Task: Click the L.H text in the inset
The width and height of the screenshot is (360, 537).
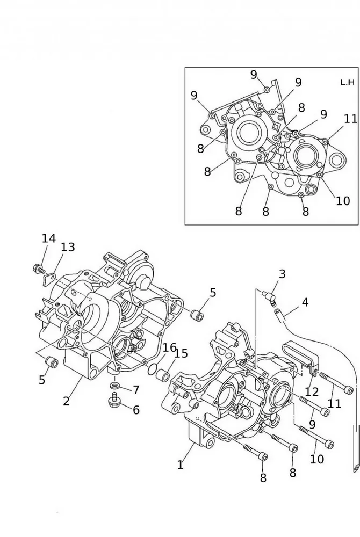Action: (x=347, y=82)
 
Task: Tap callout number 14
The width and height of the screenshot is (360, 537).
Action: (x=48, y=238)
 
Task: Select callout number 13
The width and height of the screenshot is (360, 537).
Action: (x=68, y=247)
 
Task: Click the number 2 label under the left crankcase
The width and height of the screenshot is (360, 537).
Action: (x=66, y=401)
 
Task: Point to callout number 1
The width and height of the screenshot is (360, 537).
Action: (x=181, y=465)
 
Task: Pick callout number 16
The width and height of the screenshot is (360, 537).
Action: (x=169, y=347)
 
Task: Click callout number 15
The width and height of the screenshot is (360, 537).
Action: (x=182, y=353)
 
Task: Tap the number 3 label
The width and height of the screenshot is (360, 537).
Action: (x=282, y=274)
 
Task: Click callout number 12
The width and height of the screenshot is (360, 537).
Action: (x=312, y=393)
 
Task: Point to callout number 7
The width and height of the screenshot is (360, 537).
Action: (x=136, y=389)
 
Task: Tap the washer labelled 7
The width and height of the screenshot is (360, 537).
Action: (x=115, y=386)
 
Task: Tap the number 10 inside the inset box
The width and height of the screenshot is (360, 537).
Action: (x=343, y=201)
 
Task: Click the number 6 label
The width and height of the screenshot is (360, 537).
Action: (x=136, y=410)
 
